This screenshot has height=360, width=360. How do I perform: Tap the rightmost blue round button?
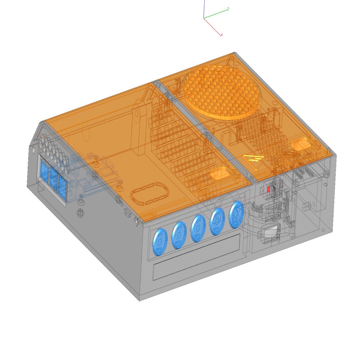tap(236, 214)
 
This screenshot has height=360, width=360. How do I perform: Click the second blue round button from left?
tap(179, 235)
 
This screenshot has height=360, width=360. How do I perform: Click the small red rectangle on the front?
tap(269, 189)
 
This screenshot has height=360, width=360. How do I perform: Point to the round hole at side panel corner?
tap(34, 150)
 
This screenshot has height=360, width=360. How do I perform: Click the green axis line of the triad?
tap(217, 14)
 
